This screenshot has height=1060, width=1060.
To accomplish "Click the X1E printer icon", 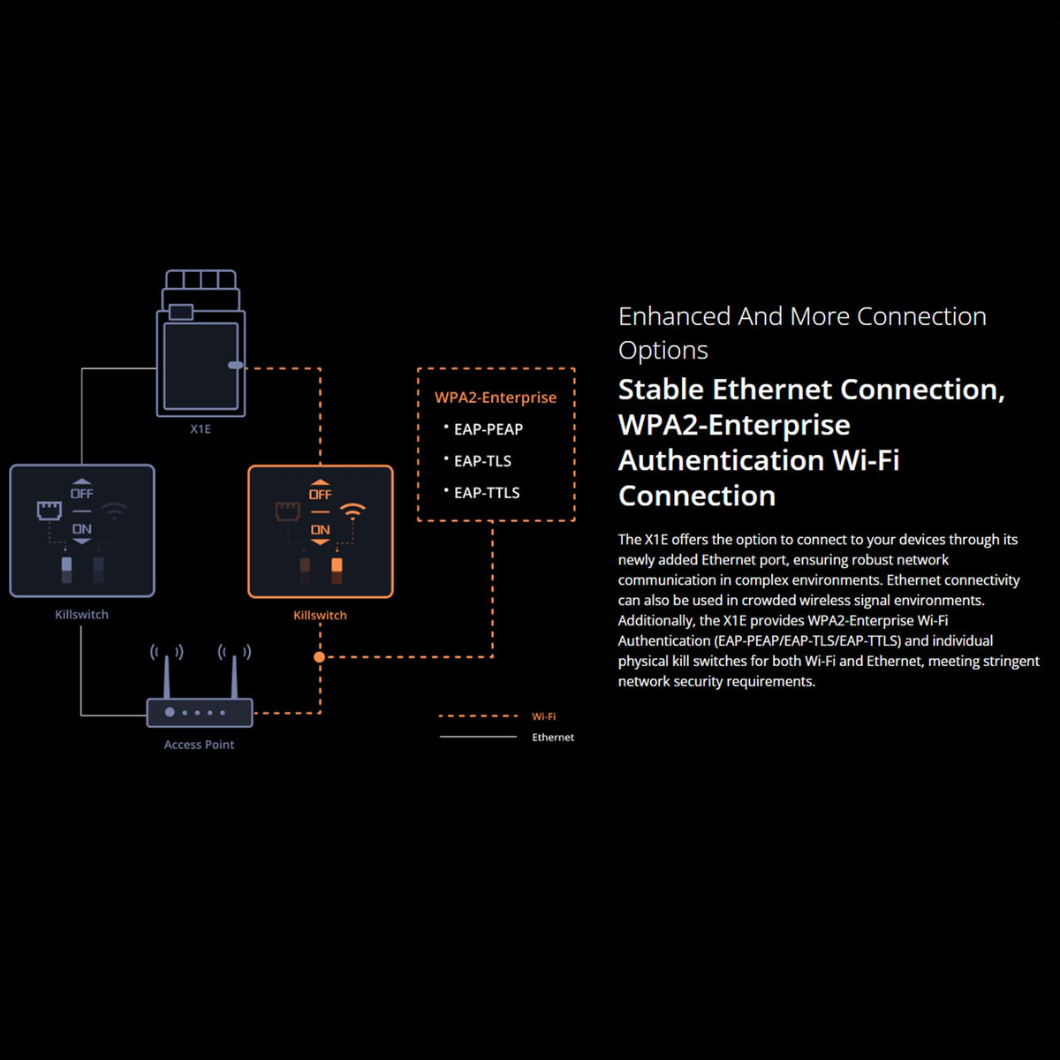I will (201, 344).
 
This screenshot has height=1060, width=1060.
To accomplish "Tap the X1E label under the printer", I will (201, 429).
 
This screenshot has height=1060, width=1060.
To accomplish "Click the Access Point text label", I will (199, 745).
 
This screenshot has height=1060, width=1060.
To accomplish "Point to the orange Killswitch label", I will (320, 615).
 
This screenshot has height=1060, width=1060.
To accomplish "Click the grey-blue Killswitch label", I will (81, 614).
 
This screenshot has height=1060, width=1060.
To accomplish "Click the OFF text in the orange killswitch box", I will (320, 494).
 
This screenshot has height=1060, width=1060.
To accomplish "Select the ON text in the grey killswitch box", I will (82, 529).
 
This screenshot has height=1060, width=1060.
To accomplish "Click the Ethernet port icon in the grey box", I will (49, 510).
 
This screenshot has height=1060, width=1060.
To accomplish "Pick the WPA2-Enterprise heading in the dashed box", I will (496, 397).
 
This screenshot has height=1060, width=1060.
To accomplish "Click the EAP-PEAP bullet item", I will (488, 429).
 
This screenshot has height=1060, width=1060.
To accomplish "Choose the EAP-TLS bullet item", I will (482, 461).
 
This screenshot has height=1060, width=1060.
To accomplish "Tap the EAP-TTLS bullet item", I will (487, 493).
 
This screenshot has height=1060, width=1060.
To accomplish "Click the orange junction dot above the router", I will (320, 656).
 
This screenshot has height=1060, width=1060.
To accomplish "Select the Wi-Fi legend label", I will (543, 716).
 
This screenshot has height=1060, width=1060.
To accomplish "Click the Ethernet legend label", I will (553, 738).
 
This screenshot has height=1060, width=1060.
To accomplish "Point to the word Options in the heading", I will (663, 351).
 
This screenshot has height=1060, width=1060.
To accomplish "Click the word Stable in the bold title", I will (661, 390).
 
